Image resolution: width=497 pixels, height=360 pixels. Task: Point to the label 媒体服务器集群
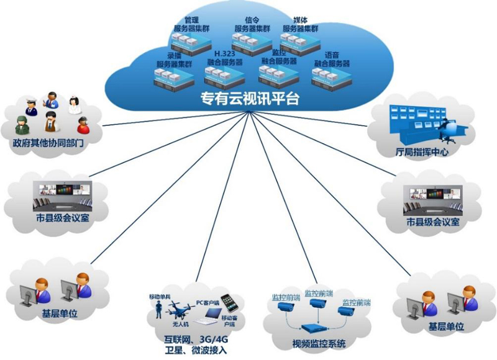point(300,24)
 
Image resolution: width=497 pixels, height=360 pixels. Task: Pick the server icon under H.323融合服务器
point(224,76)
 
